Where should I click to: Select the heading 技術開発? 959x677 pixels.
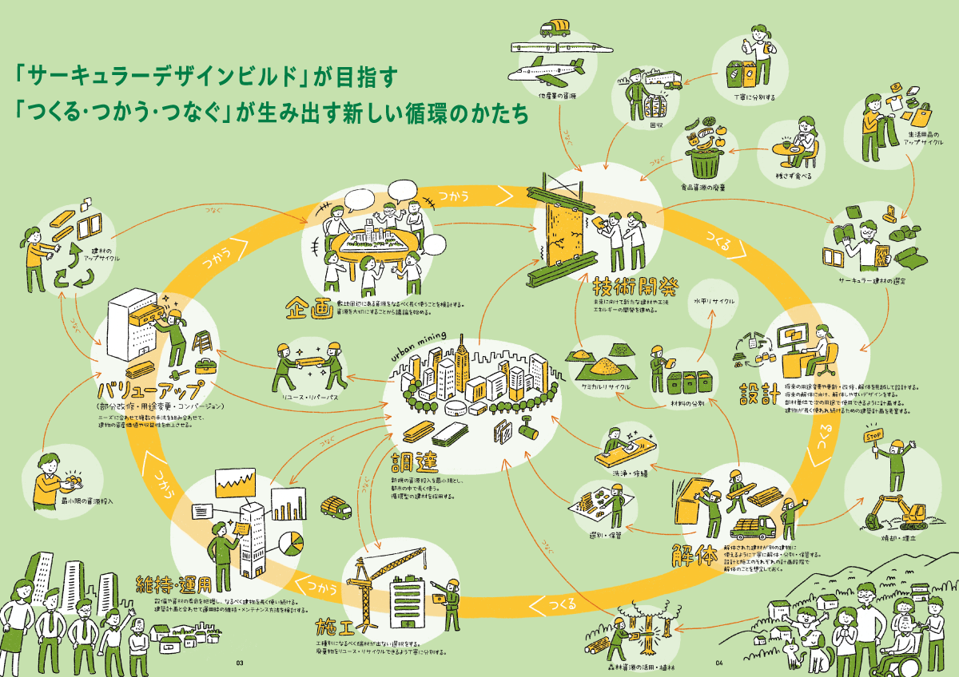click(x=628, y=287)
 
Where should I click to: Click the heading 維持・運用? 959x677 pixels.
click(x=173, y=583)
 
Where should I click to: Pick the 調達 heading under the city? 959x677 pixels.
click(x=414, y=462)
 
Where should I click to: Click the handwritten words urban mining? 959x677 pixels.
click(x=421, y=347)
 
